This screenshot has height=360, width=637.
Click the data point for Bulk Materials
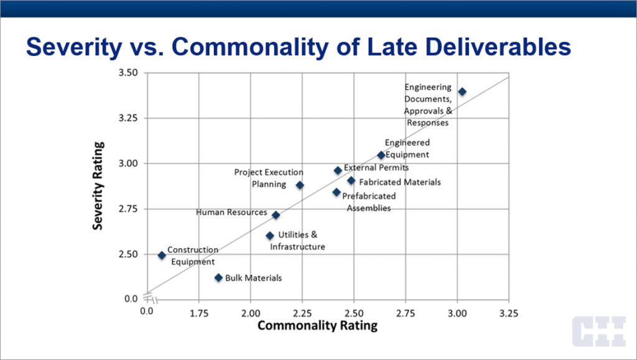(x=218, y=278)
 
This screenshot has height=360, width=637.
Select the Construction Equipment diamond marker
(x=162, y=256)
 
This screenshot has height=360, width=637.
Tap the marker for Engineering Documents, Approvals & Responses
(x=462, y=91)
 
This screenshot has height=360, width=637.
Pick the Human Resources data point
(x=276, y=215)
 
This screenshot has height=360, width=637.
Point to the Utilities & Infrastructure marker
(x=270, y=236)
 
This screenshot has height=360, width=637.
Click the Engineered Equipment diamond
(x=381, y=155)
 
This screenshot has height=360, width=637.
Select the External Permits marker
(x=338, y=170)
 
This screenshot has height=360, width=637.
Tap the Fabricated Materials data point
(x=351, y=181)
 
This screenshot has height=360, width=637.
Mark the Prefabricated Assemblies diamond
(x=337, y=192)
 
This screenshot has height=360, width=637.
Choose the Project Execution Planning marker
(x=300, y=185)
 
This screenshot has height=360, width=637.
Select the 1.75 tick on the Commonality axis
(x=199, y=312)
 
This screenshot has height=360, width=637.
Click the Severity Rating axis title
(x=98, y=185)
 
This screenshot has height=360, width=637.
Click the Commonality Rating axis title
(x=317, y=326)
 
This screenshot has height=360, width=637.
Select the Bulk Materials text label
(x=253, y=278)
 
